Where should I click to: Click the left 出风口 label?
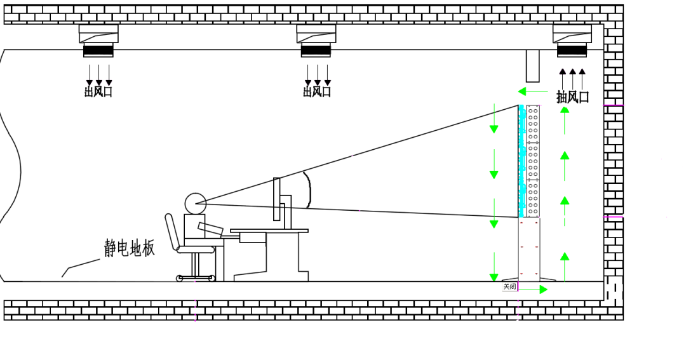(98, 91)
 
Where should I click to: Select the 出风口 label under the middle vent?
(317, 91)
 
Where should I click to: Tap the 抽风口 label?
(572, 97)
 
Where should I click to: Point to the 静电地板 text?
(130, 248)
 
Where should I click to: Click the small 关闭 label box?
(509, 287)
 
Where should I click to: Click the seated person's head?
(195, 203)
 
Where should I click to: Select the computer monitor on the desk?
(277, 199)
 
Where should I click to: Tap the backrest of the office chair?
(172, 232)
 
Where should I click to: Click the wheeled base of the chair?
(196, 277)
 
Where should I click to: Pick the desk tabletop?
(269, 231)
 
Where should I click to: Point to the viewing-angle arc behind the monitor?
(309, 190)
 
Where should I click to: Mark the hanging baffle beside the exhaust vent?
(532, 65)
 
